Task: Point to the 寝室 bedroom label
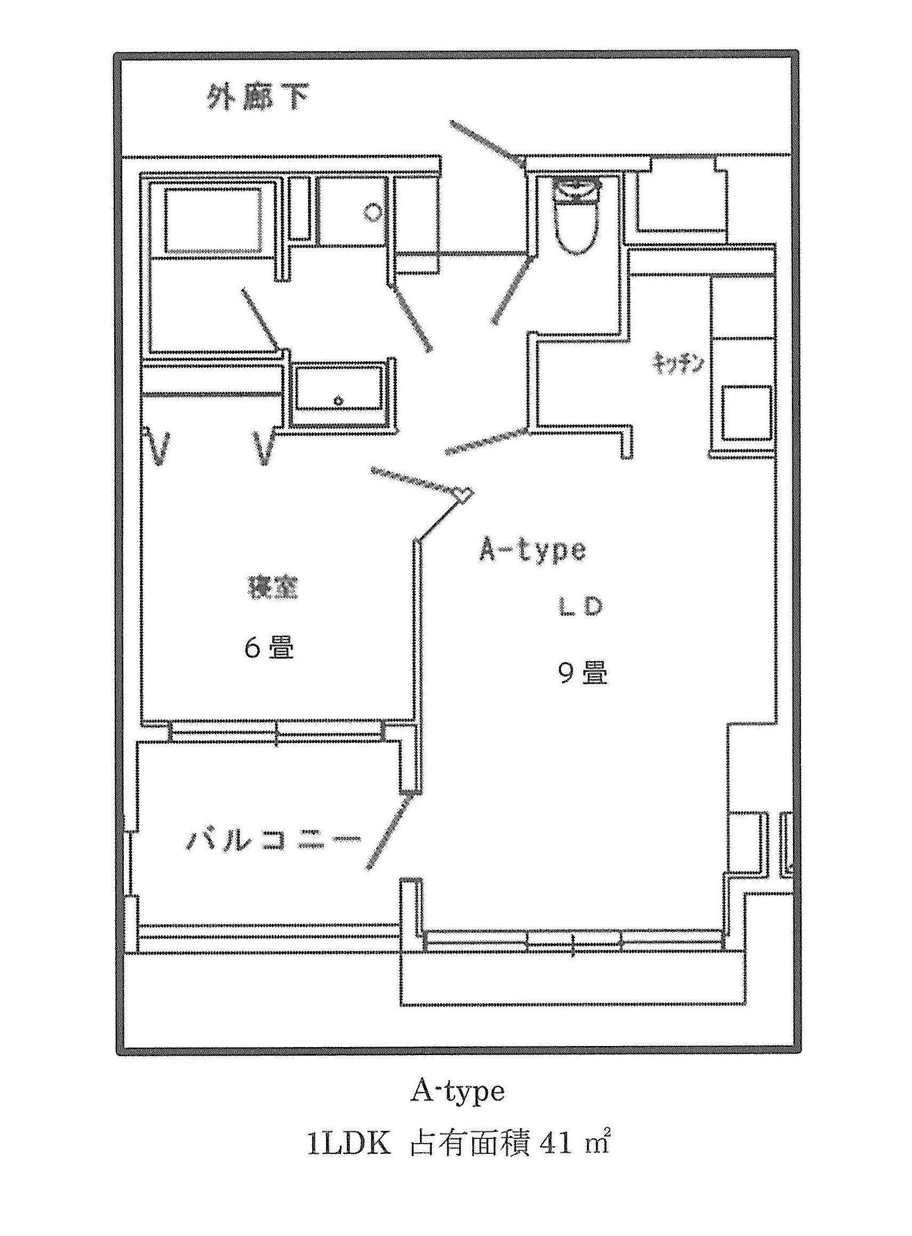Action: click(272, 588)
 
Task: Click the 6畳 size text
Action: click(269, 647)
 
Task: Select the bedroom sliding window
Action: click(277, 732)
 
